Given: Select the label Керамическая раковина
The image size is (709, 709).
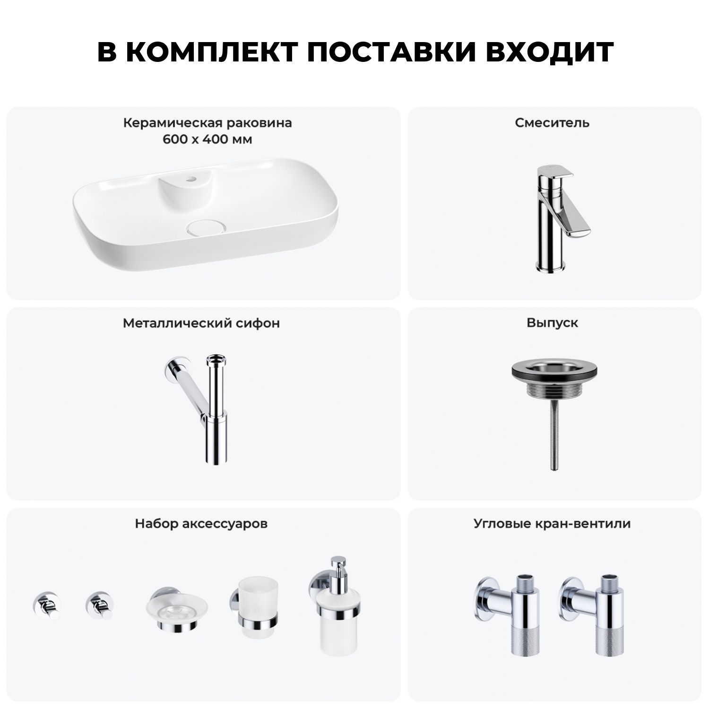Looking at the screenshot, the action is click(208, 123).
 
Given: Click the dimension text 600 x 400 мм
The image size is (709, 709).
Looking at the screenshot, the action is click(208, 140).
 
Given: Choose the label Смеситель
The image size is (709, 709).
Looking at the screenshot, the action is click(552, 123).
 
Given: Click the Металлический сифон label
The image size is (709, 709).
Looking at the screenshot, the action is click(201, 323).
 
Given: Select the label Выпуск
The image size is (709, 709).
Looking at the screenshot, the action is click(552, 323).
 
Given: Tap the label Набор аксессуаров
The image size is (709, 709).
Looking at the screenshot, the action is click(201, 524).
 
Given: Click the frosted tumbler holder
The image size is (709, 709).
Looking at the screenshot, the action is click(254, 610).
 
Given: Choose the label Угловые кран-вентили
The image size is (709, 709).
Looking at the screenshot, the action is click(552, 524).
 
